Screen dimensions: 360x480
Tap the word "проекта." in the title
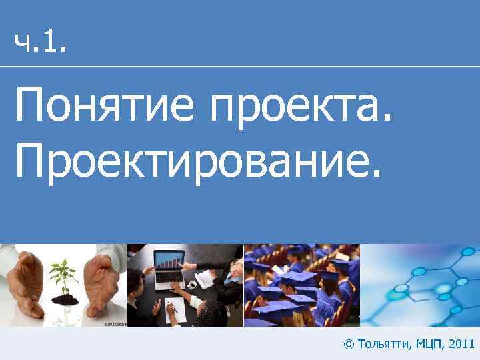[x=299, y=105]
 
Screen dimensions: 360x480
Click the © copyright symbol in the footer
[x=348, y=344]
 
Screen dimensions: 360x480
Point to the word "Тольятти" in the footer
[x=383, y=344]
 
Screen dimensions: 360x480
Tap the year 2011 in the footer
[x=462, y=344]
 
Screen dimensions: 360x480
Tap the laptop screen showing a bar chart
[x=170, y=260]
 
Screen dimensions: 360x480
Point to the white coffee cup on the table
[x=192, y=285]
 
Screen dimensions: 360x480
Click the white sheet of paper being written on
[x=175, y=307]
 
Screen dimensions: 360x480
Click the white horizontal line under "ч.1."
[x=240, y=66]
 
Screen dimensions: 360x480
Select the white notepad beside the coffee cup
[x=205, y=280]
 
